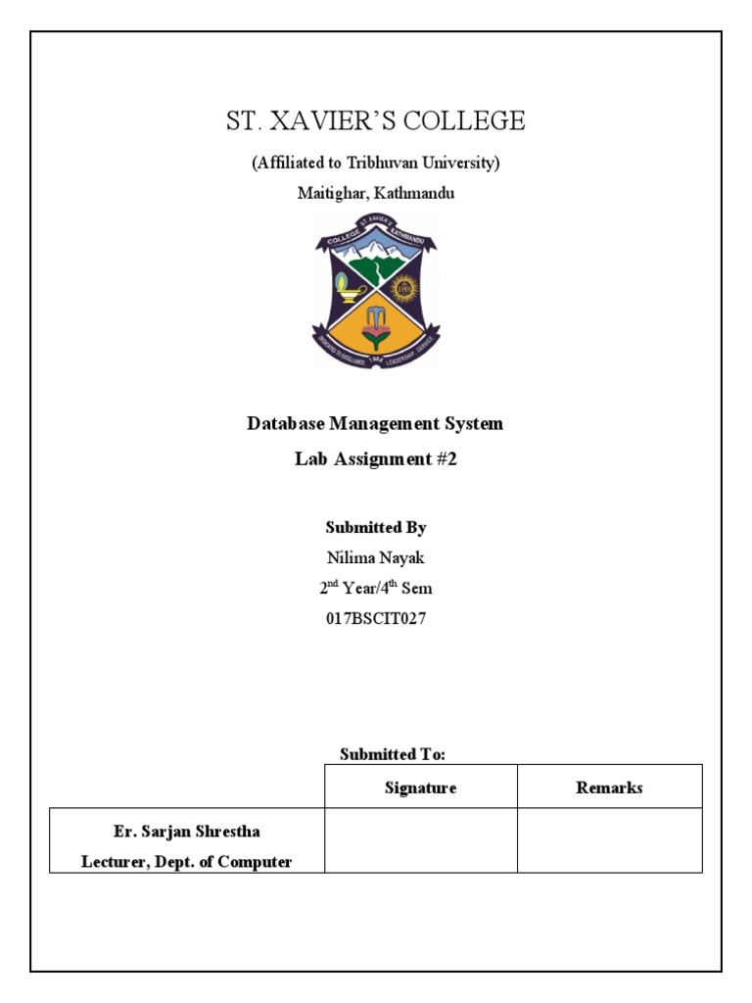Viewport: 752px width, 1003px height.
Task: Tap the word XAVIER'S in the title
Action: click(333, 121)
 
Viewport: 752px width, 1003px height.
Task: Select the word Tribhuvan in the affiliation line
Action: click(378, 163)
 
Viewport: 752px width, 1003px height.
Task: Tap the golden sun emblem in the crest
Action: click(403, 289)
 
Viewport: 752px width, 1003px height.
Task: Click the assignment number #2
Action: click(446, 458)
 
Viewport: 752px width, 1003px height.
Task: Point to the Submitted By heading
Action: click(376, 527)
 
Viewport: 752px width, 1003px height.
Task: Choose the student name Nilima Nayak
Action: click(376, 557)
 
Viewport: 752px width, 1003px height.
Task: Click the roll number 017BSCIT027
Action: click(376, 619)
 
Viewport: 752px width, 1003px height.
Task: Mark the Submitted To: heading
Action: click(393, 754)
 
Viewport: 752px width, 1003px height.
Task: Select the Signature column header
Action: click(421, 788)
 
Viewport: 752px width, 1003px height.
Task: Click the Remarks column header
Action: click(609, 788)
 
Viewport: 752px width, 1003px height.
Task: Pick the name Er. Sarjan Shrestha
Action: click(186, 832)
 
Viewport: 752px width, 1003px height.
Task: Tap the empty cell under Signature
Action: click(421, 839)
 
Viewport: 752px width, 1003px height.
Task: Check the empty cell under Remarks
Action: click(609, 839)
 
